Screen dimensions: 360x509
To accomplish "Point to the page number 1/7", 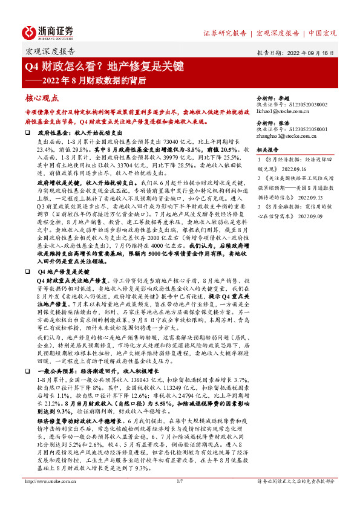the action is click(x=180, y=499).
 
